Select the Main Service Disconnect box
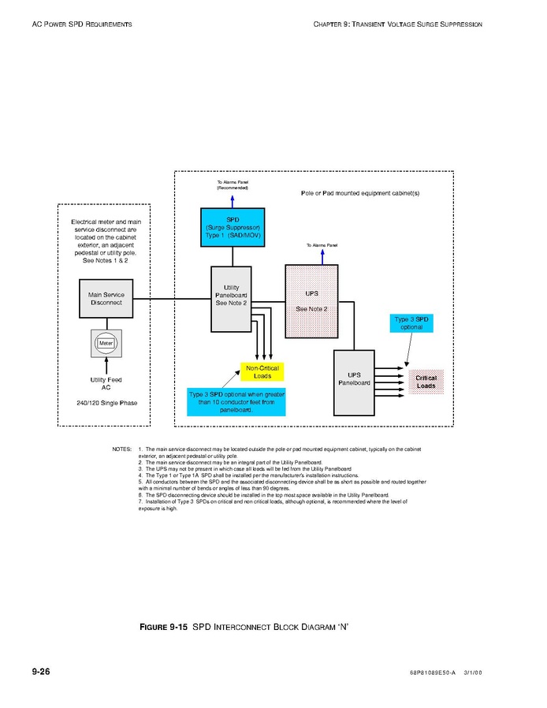tap(106, 299)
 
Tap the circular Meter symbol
tap(106, 343)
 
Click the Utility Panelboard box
tap(232, 299)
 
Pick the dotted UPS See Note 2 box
tap(311, 300)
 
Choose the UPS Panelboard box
tap(354, 382)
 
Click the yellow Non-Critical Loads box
tap(262, 372)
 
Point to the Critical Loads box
tap(426, 382)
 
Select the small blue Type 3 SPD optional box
tap(411, 322)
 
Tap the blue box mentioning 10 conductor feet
tap(236, 401)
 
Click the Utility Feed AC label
tap(106, 384)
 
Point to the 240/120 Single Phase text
tap(106, 404)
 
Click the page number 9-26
tap(41, 671)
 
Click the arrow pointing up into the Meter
tap(106, 365)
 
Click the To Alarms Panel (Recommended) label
tap(233, 185)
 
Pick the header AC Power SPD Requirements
tap(82, 24)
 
